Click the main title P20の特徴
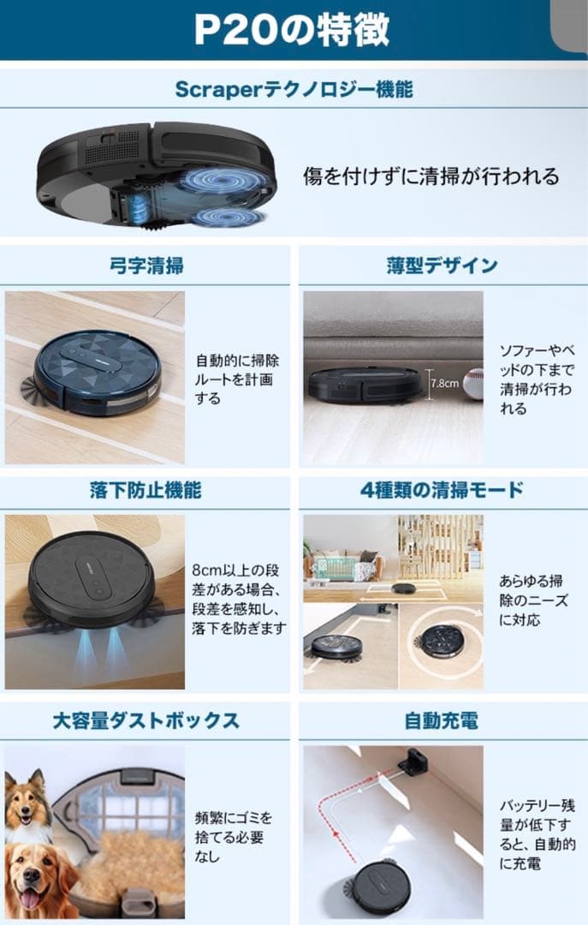(291, 30)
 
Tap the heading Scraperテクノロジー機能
(293, 89)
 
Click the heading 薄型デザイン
(442, 266)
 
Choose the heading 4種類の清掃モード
(442, 490)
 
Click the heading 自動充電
(442, 719)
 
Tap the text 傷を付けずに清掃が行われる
(431, 176)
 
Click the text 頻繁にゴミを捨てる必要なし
(234, 837)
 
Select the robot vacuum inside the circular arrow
(443, 639)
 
